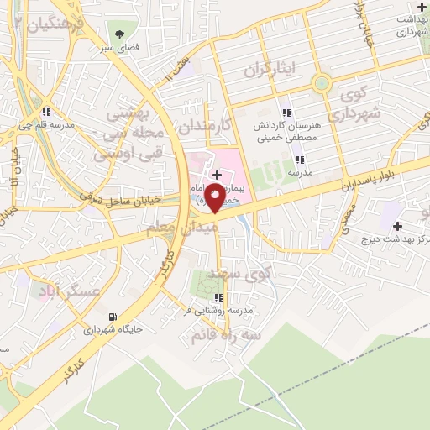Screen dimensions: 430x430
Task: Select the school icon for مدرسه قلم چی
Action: point(48,112)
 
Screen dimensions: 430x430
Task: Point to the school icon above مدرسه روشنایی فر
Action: point(218,297)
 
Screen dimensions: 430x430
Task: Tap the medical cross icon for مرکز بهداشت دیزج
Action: point(397,226)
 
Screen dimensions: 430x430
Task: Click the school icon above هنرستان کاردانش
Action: point(286,113)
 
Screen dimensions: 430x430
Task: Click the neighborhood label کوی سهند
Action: point(243,273)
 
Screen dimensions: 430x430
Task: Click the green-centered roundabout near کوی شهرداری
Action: point(322,83)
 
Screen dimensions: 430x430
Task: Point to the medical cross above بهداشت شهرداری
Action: point(421,7)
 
